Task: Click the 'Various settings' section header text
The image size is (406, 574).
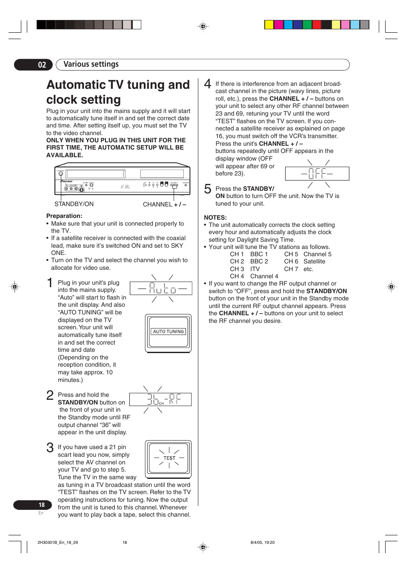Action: coord(91,64)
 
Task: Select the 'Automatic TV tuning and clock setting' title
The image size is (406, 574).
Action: coord(118,92)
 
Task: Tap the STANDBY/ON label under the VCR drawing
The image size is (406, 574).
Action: coord(74,204)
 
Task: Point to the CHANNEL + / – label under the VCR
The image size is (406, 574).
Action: coord(164,204)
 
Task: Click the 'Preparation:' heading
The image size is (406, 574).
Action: coord(64,216)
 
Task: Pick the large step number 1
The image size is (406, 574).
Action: coord(50,283)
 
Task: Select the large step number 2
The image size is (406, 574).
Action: coord(50,396)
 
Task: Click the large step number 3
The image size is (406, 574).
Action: coord(50,448)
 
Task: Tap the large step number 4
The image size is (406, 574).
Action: coord(208,84)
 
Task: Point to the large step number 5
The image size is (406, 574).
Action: coord(208,189)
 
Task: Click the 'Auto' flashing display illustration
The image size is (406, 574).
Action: coord(161,289)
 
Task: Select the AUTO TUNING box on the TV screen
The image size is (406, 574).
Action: coord(169,331)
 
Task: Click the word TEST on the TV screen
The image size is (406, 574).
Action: coord(169,458)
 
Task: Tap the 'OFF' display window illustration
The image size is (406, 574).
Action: coord(317,173)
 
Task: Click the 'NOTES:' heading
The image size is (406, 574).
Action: coord(215,218)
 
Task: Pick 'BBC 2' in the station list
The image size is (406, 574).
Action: coord(259,262)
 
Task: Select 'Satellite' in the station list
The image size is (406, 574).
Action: coord(314,262)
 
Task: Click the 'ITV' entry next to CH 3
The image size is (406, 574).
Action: coord(255,269)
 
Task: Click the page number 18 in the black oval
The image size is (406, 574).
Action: coord(41,505)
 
